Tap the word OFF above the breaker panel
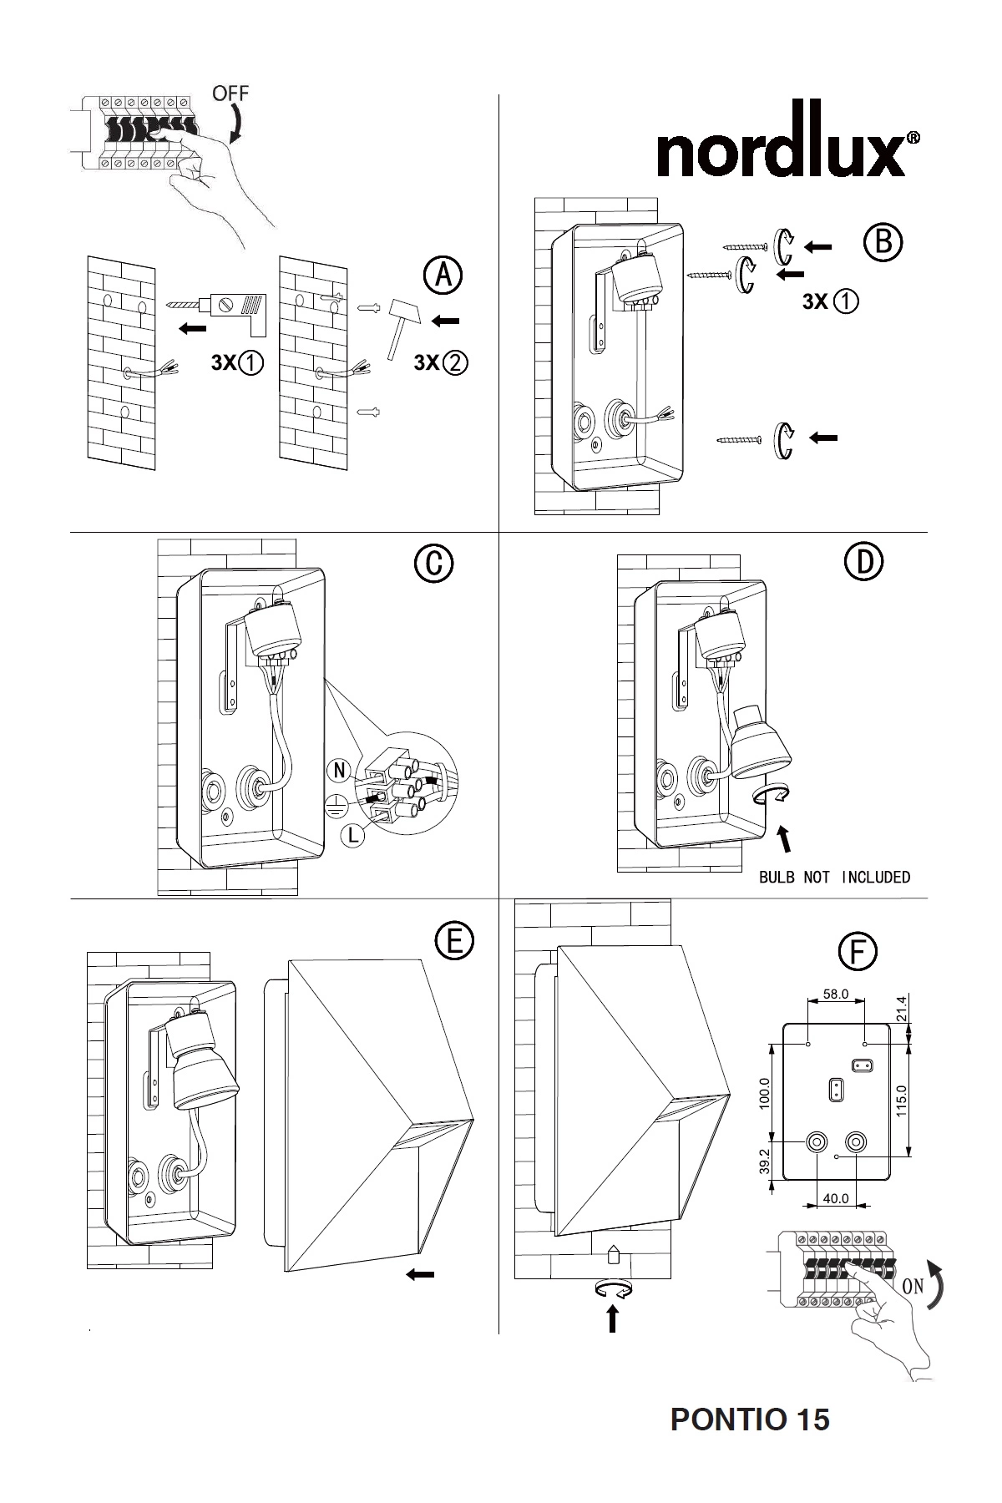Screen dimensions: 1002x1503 click(x=230, y=94)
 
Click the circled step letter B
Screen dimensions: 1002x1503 click(x=883, y=242)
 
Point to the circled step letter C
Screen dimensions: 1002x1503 click(x=433, y=564)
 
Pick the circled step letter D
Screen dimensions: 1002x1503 click(x=864, y=561)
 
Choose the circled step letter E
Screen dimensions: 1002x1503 click(x=454, y=941)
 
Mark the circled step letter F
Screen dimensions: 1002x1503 click(x=858, y=953)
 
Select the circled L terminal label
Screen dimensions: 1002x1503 click(x=355, y=835)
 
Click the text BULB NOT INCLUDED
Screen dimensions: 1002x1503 click(x=834, y=877)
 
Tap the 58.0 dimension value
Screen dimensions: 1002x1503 click(x=836, y=994)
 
